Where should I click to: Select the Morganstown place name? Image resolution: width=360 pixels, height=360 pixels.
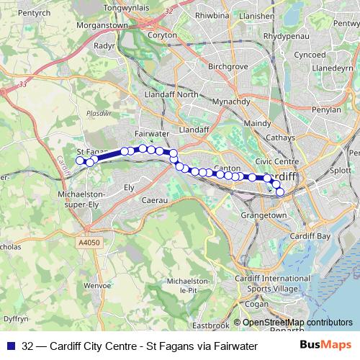103,25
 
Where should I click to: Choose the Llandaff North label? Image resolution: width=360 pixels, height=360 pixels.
171,94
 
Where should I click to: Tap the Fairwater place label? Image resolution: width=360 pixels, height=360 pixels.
151,134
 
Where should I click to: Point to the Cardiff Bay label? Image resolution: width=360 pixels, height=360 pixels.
310,236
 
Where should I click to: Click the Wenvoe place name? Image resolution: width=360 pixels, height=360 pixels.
96,286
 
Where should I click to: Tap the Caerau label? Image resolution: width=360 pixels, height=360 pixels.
155,200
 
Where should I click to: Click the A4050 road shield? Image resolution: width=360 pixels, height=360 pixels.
86,244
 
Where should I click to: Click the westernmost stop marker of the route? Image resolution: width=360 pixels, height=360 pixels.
81,161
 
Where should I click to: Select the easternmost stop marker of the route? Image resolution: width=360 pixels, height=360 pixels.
280,192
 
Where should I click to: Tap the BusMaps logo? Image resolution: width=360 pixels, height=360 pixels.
326,346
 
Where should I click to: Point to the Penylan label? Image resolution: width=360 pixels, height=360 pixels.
326,110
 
